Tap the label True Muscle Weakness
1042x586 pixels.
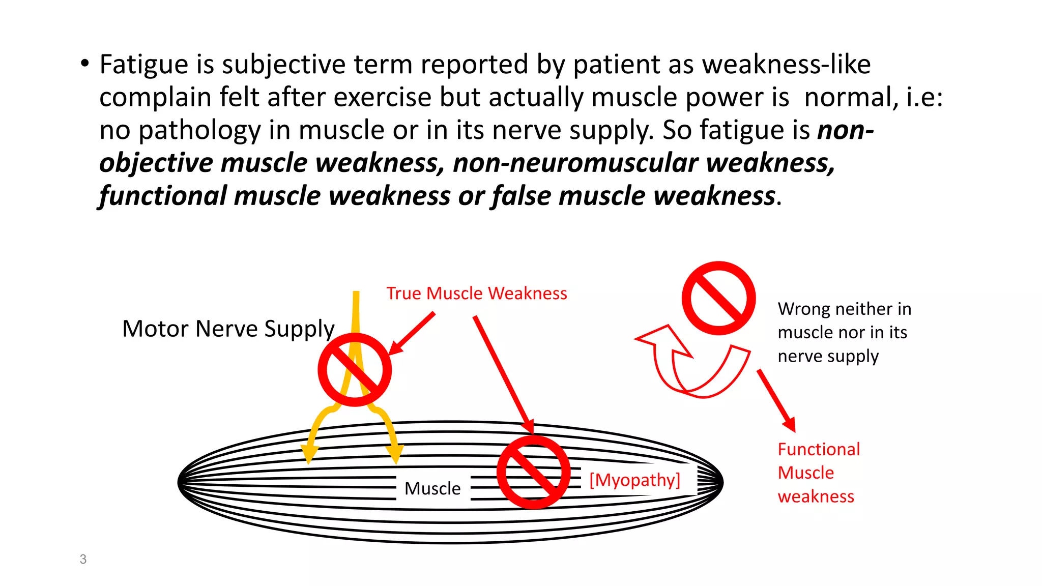[x=476, y=294]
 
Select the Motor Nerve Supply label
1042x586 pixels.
[x=228, y=329]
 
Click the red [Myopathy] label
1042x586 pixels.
[x=634, y=480]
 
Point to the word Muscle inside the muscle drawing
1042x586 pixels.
[x=432, y=488]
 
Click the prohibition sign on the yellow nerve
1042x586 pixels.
[x=355, y=370]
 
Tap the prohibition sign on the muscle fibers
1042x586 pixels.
[x=533, y=472]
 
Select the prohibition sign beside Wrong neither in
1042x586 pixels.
[x=718, y=299]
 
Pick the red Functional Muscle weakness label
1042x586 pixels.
[x=818, y=473]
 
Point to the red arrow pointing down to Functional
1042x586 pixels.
[x=776, y=400]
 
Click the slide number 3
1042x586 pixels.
[x=83, y=559]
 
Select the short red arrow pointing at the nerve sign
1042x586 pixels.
[x=412, y=333]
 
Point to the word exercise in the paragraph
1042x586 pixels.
[x=382, y=97]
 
